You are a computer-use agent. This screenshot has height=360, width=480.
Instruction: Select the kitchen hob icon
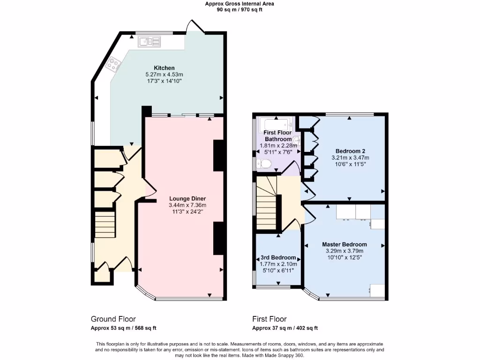[x=113, y=63]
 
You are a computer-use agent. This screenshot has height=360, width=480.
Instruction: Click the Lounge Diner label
[x=187, y=198]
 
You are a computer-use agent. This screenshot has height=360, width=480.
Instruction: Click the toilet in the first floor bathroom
[x=264, y=164]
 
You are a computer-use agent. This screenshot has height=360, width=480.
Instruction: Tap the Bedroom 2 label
[x=350, y=151]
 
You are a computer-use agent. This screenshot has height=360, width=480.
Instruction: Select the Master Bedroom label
[x=344, y=244]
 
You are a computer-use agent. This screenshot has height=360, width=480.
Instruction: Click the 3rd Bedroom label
[x=278, y=258]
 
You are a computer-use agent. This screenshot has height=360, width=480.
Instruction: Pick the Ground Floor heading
[x=113, y=319]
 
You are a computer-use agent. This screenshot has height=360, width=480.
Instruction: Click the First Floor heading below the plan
[x=269, y=319]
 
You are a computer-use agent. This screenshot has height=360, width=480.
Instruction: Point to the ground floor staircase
[x=105, y=225]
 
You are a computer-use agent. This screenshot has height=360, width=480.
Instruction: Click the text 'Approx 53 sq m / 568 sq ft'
[x=123, y=328]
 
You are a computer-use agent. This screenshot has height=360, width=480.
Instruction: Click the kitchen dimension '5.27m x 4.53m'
[x=164, y=75]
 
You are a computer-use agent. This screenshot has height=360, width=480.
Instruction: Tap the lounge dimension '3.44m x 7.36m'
[x=187, y=205]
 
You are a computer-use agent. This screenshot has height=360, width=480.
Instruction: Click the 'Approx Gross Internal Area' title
[x=240, y=4]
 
